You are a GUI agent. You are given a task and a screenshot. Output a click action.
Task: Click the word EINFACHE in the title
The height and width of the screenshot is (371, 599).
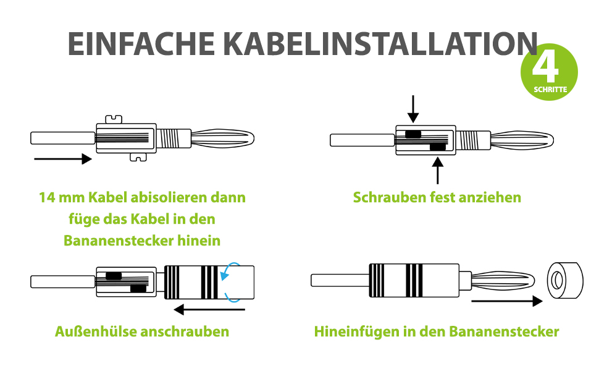(x=141, y=44)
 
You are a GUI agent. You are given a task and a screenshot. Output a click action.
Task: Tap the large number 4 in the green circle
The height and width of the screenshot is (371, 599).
(x=545, y=68)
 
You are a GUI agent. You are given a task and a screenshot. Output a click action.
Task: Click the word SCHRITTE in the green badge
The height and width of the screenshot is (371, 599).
(x=550, y=90)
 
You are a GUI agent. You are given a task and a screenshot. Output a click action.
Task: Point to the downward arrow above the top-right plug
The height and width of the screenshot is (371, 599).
(x=413, y=109)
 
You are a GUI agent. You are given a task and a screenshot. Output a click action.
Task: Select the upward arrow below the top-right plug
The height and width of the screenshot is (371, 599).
(x=437, y=171)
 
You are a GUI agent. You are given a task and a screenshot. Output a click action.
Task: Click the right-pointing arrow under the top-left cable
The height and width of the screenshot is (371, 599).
(x=63, y=159)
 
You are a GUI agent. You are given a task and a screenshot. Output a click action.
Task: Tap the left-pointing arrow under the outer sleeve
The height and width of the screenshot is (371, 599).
(x=209, y=309)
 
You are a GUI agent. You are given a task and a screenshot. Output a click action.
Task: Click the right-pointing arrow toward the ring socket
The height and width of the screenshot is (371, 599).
(x=507, y=301)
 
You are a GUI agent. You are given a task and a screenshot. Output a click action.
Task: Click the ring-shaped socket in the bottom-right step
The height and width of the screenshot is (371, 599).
(x=566, y=281)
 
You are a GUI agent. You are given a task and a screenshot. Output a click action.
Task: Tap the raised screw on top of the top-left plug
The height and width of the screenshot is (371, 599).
(x=114, y=119)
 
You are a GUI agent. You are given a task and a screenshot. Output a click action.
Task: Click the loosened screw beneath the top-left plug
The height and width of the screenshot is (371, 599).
(x=138, y=157)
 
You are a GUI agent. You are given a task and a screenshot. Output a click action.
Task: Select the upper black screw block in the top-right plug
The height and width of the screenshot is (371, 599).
(x=413, y=134)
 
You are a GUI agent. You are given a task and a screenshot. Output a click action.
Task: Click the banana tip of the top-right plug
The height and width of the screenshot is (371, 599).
(x=522, y=140)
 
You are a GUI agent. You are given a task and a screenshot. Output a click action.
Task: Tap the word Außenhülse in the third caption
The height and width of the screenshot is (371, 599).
(x=96, y=331)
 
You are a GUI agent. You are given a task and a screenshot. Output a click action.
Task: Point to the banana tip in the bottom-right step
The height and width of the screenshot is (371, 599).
(x=503, y=280)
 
